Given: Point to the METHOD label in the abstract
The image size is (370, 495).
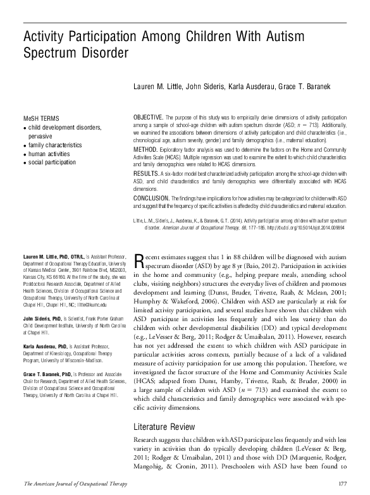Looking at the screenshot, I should (145, 149).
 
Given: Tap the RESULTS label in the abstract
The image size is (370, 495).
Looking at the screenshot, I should (147, 173).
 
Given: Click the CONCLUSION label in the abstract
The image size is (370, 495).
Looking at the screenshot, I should (152, 197).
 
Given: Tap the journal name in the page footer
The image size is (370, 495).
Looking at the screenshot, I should (70, 484).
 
